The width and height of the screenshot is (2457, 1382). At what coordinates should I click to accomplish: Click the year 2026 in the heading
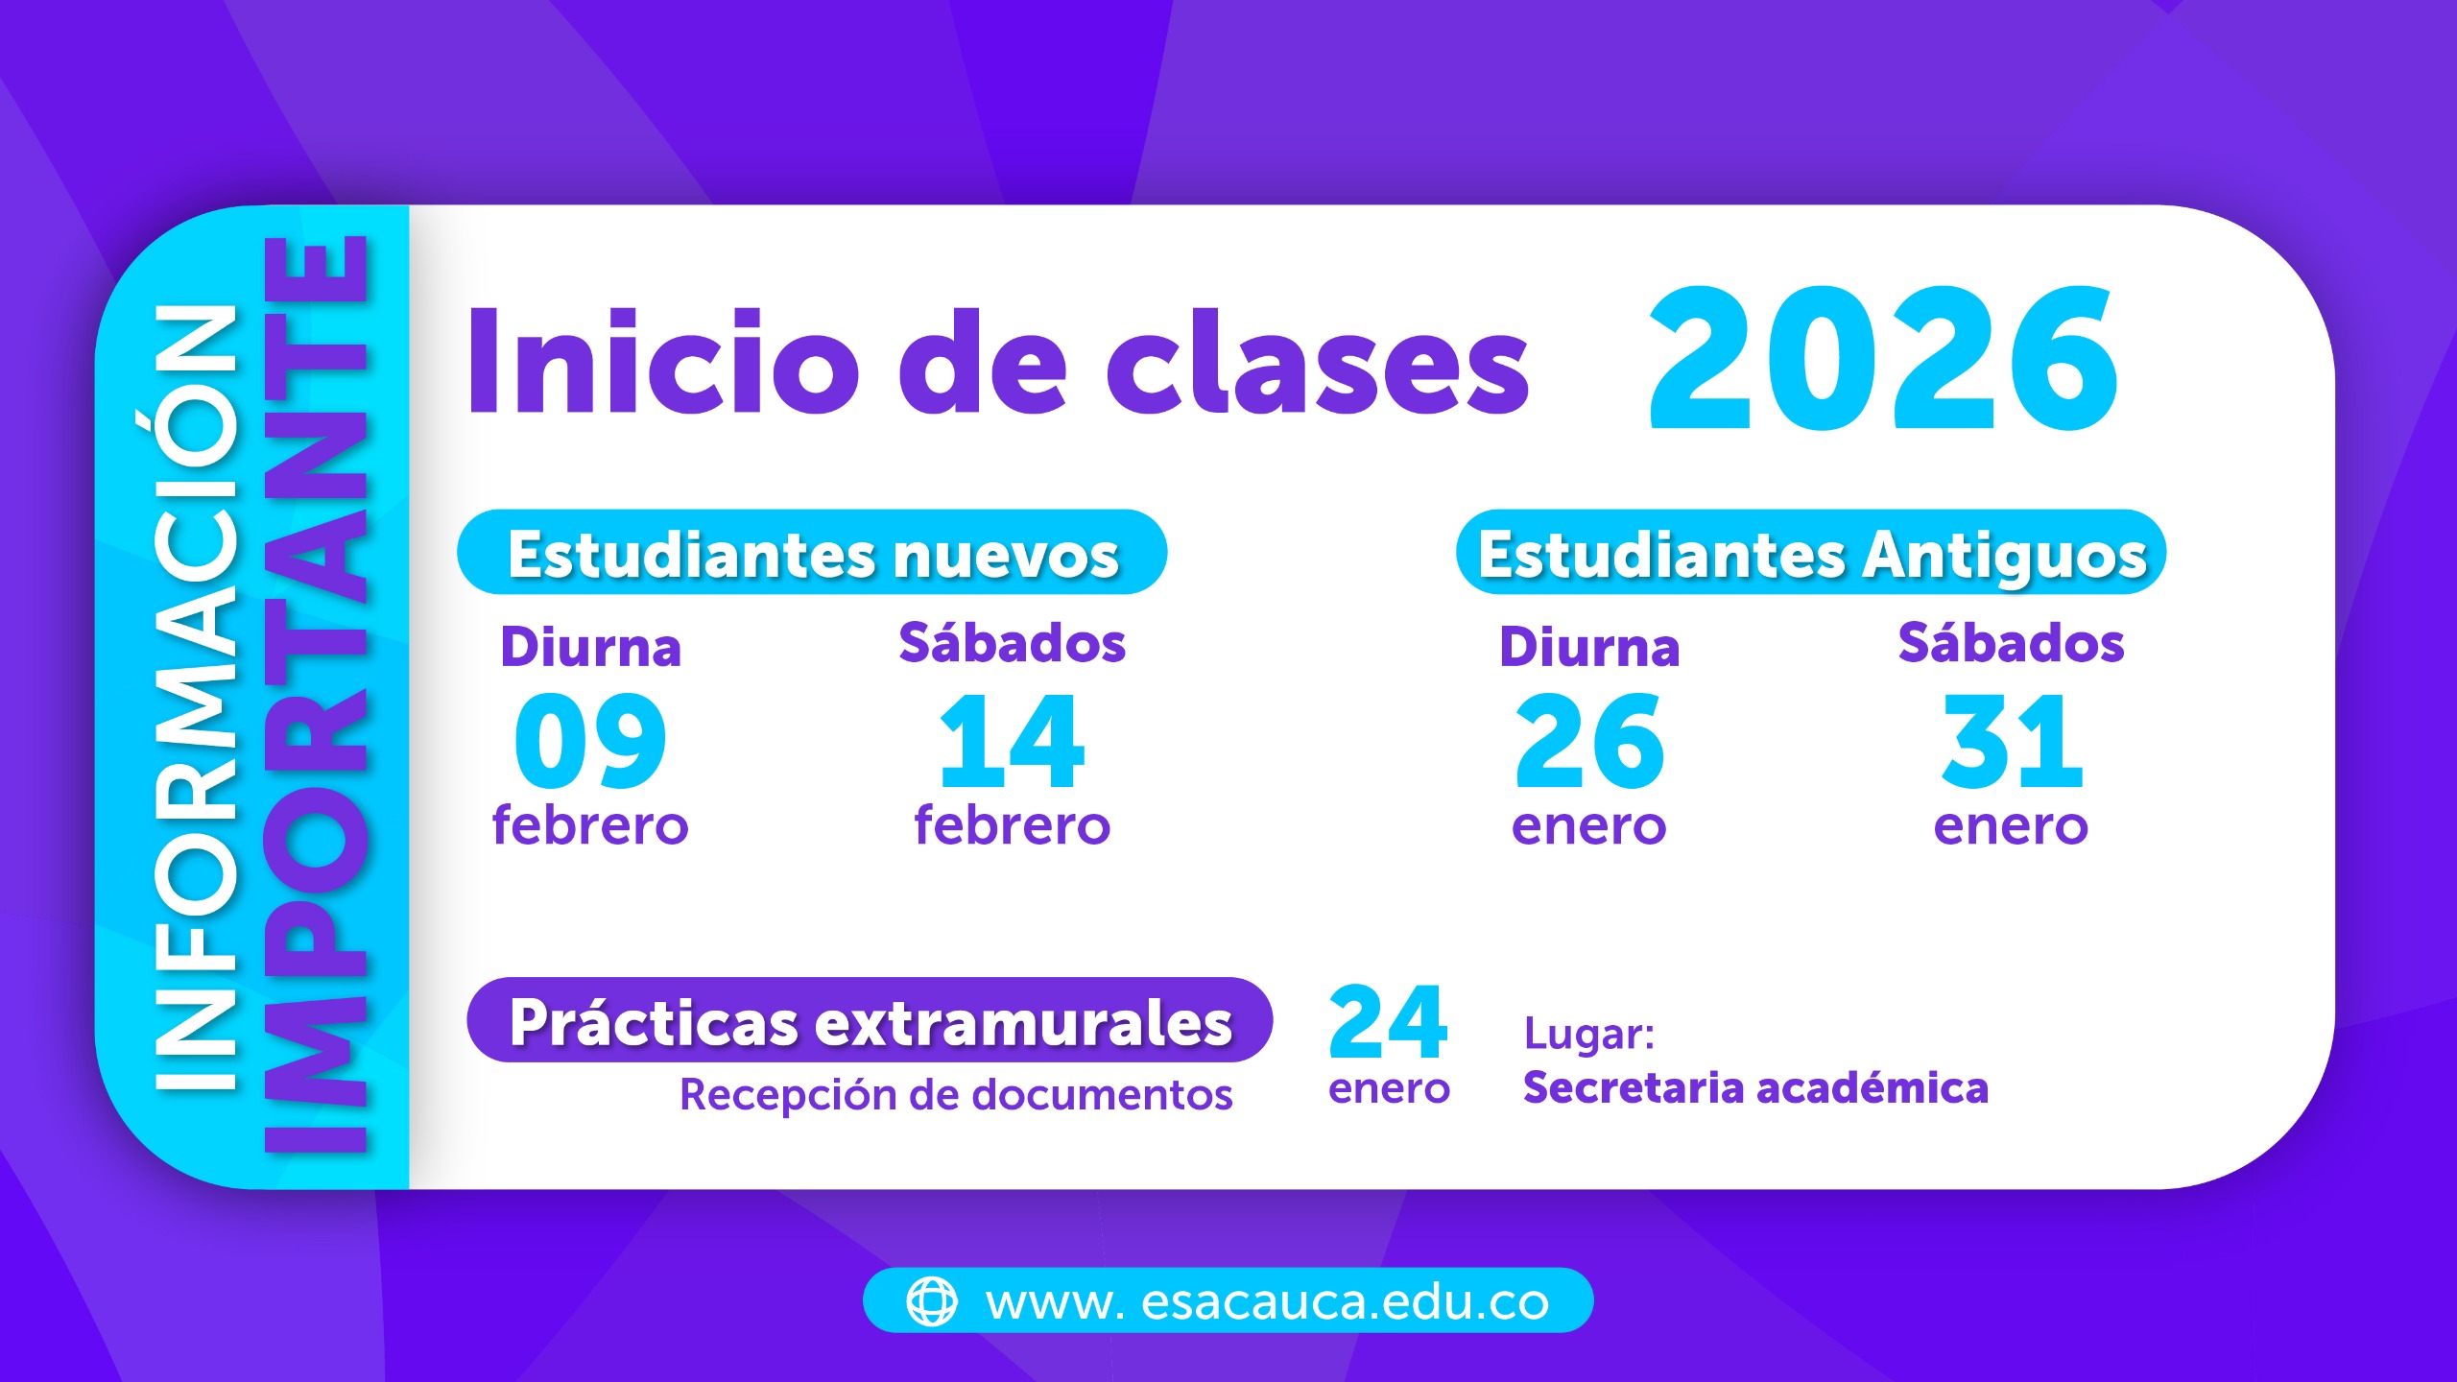click(x=1883, y=358)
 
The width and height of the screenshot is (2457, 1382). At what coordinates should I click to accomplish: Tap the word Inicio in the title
click(x=662, y=362)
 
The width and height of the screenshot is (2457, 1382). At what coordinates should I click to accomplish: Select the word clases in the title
click(x=1318, y=362)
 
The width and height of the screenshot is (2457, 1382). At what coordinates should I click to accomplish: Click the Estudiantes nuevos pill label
click(x=812, y=553)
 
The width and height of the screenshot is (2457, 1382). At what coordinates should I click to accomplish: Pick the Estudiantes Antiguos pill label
click(x=1811, y=553)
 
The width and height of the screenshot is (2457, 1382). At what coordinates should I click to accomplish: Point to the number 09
click(x=590, y=741)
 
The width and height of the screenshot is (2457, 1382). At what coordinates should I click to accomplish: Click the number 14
click(x=1013, y=741)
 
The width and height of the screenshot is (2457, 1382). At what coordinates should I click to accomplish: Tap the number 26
click(x=1589, y=741)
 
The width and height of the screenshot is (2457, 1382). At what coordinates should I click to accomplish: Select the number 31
click(x=2011, y=741)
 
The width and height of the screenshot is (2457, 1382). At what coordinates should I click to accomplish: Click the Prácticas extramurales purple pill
click(x=870, y=1020)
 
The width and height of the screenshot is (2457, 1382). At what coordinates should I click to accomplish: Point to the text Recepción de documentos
click(x=956, y=1095)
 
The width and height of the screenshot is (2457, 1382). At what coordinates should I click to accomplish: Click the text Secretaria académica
click(x=1755, y=1088)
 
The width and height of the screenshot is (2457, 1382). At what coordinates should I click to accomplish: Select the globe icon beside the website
click(x=932, y=1301)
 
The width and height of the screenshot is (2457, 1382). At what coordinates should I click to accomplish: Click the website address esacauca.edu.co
click(x=1267, y=1302)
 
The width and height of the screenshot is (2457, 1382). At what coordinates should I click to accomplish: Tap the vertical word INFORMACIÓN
click(x=196, y=698)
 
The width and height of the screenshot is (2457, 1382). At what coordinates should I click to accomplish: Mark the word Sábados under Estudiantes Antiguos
click(x=2012, y=643)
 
